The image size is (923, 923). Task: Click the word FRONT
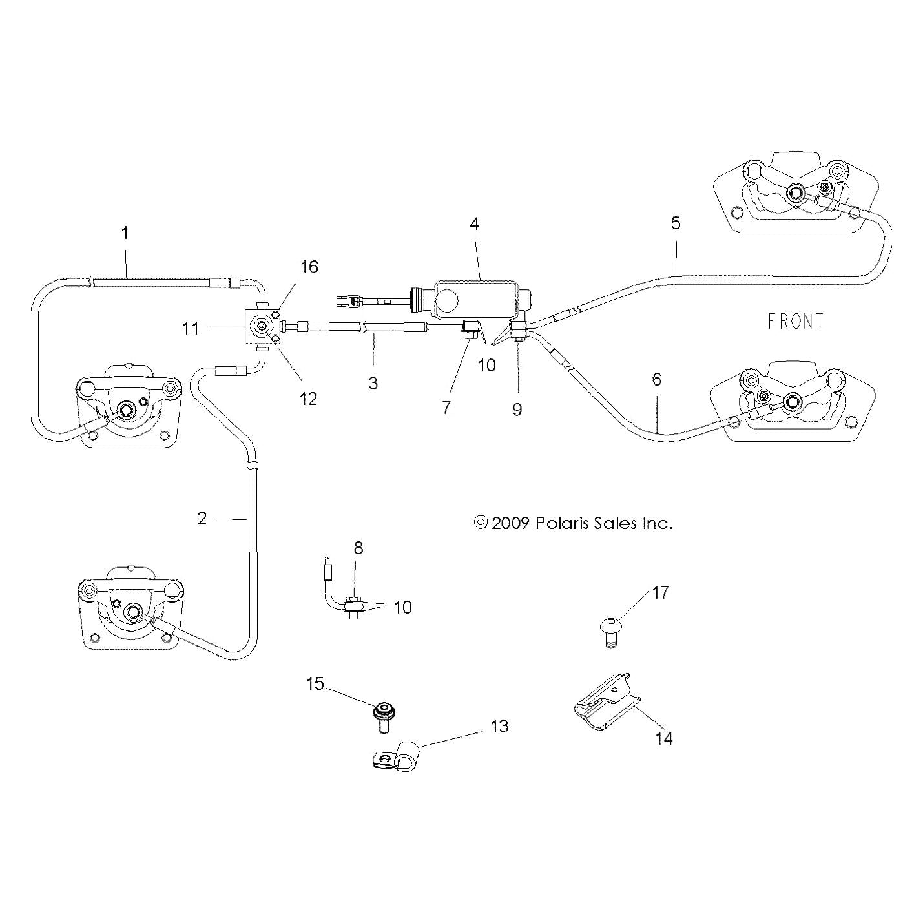pyautogui.click(x=795, y=321)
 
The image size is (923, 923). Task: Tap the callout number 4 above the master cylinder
pyautogui.click(x=475, y=224)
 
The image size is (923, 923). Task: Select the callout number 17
pyautogui.click(x=660, y=592)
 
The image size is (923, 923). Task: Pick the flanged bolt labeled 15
pyautogui.click(x=382, y=715)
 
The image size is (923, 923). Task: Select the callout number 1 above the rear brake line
pyautogui.click(x=125, y=233)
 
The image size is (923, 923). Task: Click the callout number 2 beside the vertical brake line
pyautogui.click(x=202, y=518)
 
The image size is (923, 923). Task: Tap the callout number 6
pyautogui.click(x=656, y=379)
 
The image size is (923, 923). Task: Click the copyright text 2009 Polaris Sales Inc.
pyautogui.click(x=574, y=523)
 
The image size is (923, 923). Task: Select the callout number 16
pyautogui.click(x=309, y=267)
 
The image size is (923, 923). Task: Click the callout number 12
pyautogui.click(x=309, y=399)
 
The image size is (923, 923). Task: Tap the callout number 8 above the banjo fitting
pyautogui.click(x=358, y=548)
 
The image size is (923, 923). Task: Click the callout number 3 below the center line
pyautogui.click(x=373, y=382)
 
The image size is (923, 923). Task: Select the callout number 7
pyautogui.click(x=446, y=408)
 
